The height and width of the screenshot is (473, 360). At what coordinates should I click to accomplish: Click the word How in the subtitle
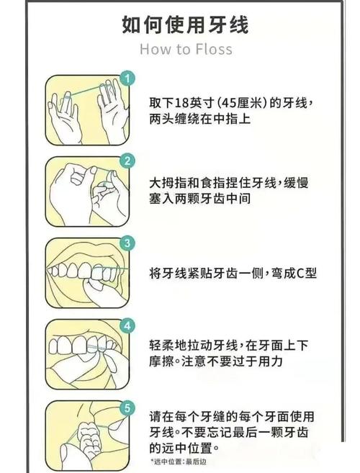[153, 49]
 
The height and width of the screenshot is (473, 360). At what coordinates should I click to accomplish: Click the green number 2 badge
[127, 160]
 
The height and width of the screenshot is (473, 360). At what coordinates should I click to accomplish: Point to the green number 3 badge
[127, 243]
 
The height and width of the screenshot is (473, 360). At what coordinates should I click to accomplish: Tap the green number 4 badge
[127, 325]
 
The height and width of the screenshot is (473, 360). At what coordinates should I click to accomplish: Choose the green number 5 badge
[127, 408]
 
